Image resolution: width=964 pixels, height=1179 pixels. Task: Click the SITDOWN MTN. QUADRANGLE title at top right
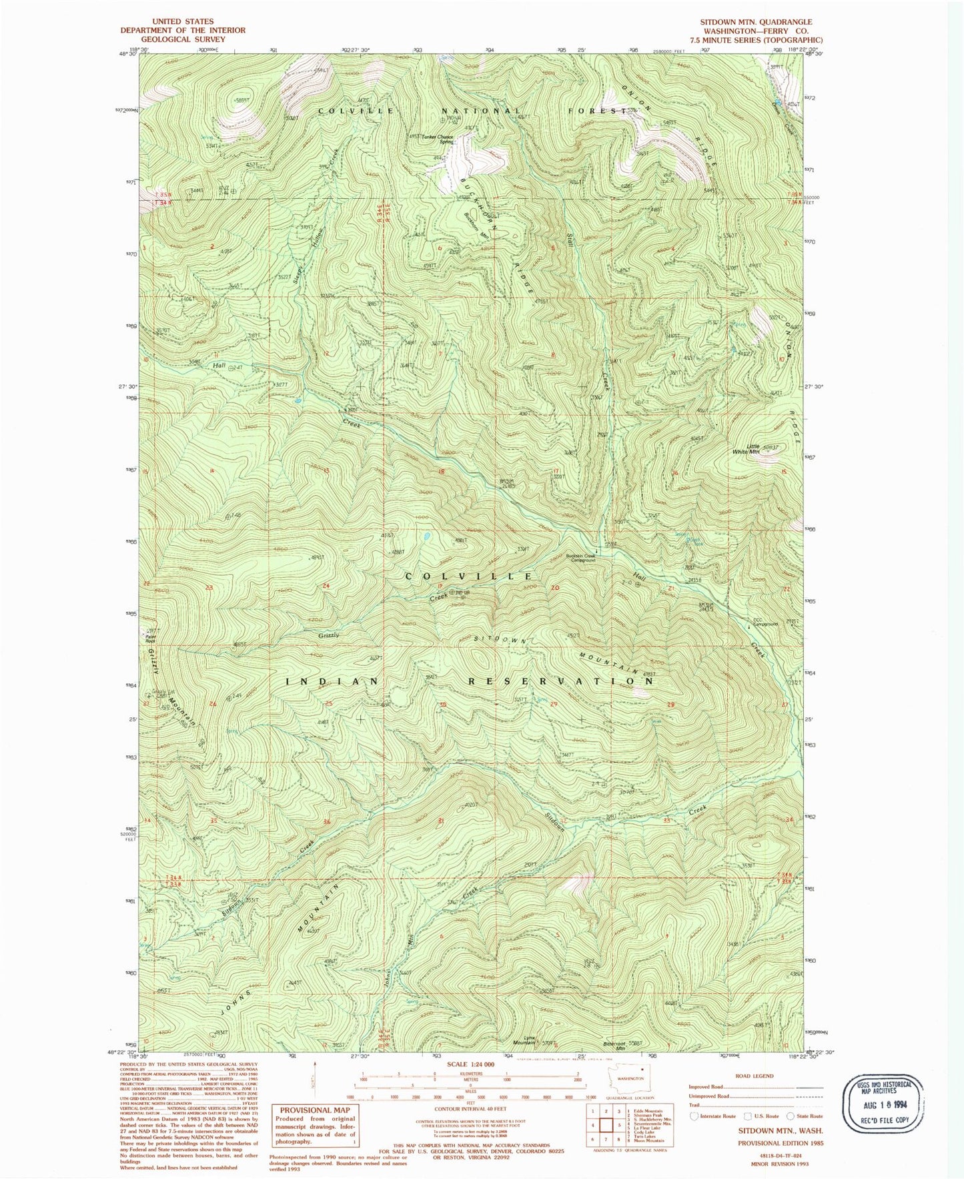(x=756, y=22)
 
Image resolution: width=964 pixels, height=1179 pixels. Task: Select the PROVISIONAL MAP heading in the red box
(x=316, y=1110)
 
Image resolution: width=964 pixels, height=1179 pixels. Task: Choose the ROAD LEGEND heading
(x=754, y=1076)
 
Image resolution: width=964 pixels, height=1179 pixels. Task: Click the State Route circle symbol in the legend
(x=791, y=1116)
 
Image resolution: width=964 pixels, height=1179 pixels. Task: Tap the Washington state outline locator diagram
(x=630, y=1079)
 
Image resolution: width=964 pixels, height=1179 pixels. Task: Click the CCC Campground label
(x=765, y=624)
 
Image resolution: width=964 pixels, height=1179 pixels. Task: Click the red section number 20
(x=555, y=587)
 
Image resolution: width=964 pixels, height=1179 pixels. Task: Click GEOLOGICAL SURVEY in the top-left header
(x=182, y=39)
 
